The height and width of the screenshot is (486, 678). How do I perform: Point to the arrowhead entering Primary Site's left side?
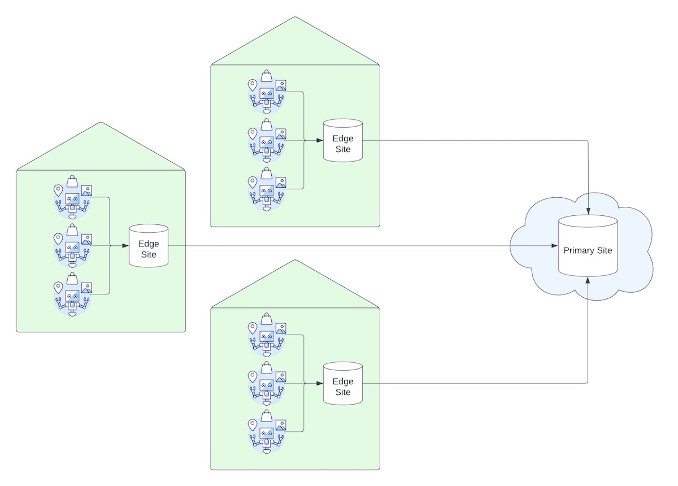coord(554,246)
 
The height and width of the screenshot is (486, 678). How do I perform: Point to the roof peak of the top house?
coord(295,18)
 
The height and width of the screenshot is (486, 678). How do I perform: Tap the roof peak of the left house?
coord(101,123)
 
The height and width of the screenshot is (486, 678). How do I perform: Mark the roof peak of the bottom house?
coord(295,261)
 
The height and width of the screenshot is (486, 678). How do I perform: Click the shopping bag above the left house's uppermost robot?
coord(72,181)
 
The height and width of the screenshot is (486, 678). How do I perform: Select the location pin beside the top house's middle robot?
coord(253,133)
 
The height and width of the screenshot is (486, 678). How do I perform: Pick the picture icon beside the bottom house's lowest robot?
coord(280,424)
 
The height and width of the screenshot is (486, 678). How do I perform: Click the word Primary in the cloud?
coord(576,250)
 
